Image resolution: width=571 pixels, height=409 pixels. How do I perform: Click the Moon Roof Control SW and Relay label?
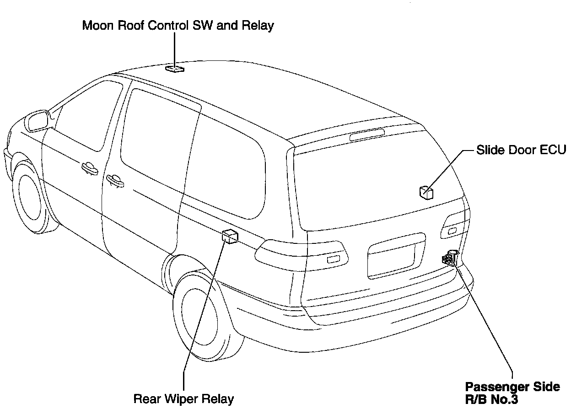coord(178,25)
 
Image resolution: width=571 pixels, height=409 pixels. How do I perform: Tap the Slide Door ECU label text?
coord(521,150)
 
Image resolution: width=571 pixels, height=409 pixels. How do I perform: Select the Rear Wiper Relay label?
coord(183,398)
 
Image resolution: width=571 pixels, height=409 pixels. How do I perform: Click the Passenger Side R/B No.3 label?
coord(512,393)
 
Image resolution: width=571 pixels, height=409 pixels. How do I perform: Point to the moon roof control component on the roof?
coord(175,69)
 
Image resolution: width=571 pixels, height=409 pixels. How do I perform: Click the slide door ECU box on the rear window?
coord(426,192)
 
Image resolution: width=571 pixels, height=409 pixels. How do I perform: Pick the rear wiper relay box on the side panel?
coord(229,236)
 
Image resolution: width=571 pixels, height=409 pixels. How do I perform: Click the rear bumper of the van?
coord(366,329)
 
